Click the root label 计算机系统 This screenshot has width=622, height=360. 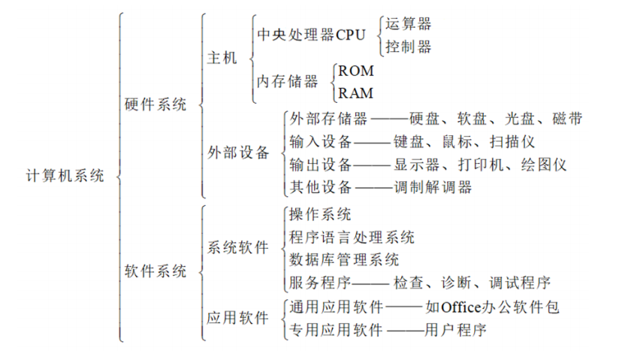65,175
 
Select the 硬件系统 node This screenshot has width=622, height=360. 155,104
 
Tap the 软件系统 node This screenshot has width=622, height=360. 155,271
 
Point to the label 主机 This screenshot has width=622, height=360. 222,58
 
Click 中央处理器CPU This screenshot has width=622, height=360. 312,35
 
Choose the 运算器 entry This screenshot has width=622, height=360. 408,24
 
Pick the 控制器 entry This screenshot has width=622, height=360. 408,47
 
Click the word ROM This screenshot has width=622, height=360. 356,71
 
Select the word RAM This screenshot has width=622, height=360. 356,93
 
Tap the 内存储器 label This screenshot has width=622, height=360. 288,81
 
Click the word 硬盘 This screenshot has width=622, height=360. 424,119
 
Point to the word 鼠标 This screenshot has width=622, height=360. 457,142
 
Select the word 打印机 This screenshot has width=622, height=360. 482,165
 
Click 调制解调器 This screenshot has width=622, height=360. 433,187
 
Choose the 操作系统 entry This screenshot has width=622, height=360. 320,214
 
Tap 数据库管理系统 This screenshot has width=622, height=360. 344,260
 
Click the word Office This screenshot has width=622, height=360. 461,307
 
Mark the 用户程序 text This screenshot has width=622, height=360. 455,330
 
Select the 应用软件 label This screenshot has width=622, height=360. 237,318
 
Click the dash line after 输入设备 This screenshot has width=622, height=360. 372,143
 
